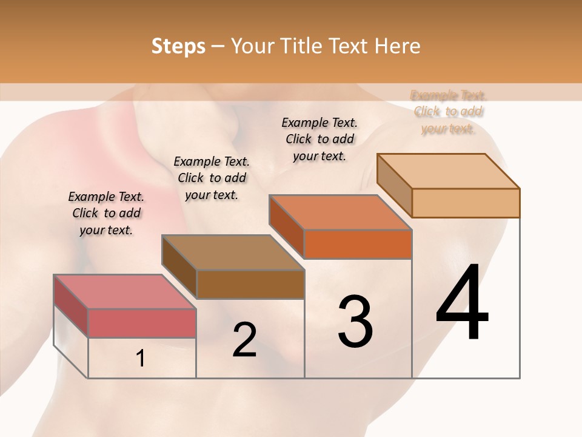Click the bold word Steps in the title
[x=178, y=46]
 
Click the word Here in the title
[x=397, y=46]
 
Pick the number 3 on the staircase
[x=355, y=322]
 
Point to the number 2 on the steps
[x=244, y=340]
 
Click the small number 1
[x=141, y=359]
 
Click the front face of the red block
[x=142, y=323]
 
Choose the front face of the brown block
[x=250, y=284]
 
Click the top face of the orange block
[x=340, y=212]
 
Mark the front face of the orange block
[x=358, y=244]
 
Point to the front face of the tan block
[x=466, y=203]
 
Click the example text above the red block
[x=106, y=213]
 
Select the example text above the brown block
[x=212, y=178]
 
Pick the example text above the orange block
[x=319, y=139]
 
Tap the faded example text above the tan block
[x=449, y=112]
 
